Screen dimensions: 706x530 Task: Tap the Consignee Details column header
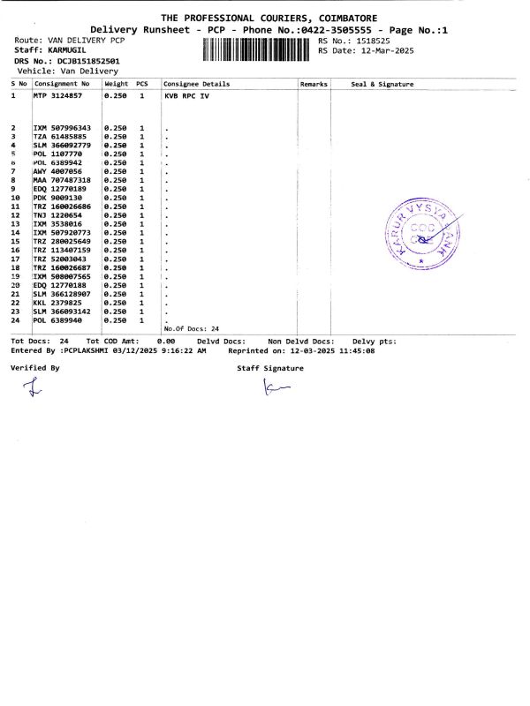(x=197, y=84)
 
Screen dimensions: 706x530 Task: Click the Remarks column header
(x=314, y=84)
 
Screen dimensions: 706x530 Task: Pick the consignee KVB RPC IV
(x=188, y=94)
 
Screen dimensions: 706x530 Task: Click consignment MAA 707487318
(x=61, y=179)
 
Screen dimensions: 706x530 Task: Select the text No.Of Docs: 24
(x=191, y=328)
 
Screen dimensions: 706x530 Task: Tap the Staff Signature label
(x=270, y=368)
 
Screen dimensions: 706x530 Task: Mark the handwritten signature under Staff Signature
(x=276, y=387)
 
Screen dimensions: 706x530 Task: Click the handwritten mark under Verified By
(x=34, y=386)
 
